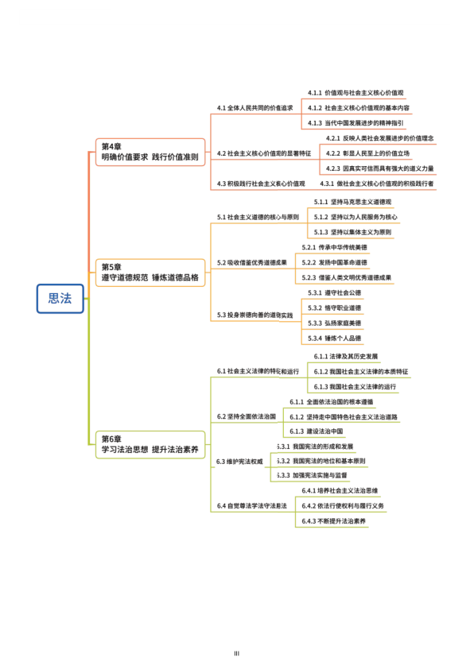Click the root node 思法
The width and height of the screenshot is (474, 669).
pos(60,299)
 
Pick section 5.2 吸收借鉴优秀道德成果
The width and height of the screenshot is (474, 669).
pos(252,262)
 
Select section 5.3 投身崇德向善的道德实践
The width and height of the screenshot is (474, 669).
pos(255,315)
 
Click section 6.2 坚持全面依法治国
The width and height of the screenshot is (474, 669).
pos(247,416)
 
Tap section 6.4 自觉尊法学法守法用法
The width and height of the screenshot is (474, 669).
pos(252,506)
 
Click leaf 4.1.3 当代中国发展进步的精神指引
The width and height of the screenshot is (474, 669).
pos(355,123)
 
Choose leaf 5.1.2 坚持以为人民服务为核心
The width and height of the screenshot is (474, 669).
pos(355,217)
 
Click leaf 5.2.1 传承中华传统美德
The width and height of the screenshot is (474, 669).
pos(335,248)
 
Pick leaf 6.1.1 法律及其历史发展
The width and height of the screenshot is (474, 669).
pos(347,356)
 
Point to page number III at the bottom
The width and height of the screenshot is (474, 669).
pos(237,654)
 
